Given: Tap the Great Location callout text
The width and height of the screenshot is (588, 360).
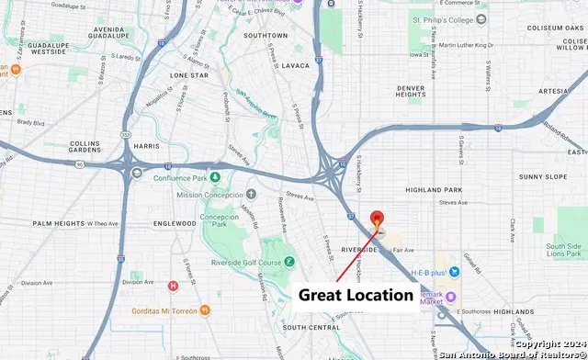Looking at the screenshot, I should (356, 295).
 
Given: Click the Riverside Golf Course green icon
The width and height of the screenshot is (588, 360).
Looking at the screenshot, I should (288, 262).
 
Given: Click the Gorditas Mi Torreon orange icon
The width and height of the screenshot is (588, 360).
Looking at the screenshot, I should (204, 310).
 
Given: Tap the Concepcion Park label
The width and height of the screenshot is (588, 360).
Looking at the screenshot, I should (213, 223).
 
